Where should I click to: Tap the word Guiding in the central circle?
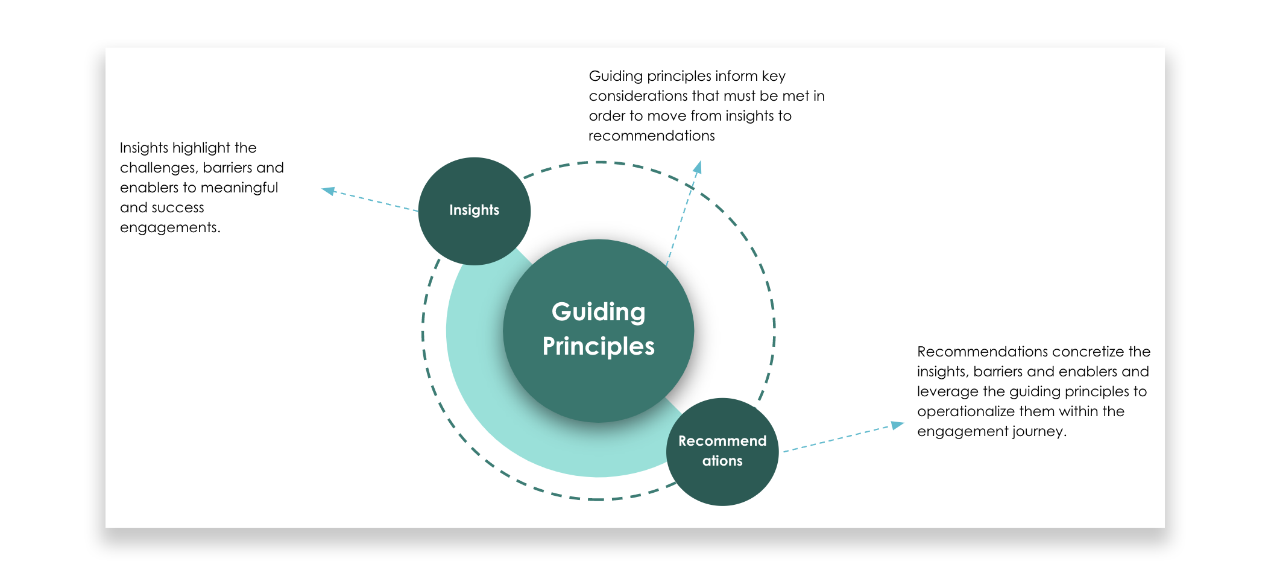click(598, 312)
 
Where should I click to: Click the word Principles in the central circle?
click(598, 347)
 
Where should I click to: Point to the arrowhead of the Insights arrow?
click(327, 191)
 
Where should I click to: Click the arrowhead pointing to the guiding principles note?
click(698, 166)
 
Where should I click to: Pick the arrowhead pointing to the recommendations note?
click(898, 425)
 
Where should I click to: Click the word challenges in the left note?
click(157, 168)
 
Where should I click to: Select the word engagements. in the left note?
click(170, 227)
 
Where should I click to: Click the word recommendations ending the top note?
click(651, 136)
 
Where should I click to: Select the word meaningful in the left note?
click(239, 188)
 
